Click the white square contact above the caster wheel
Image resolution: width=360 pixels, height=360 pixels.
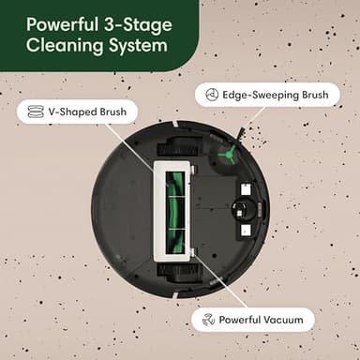coord(244,187)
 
